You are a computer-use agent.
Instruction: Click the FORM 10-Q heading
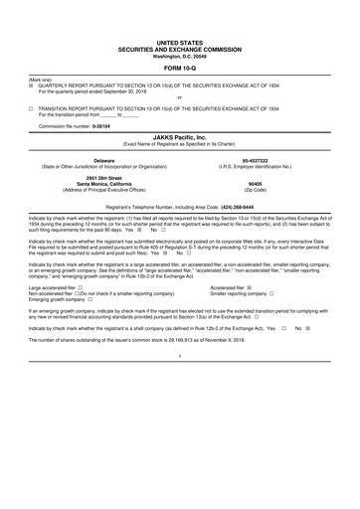click(179, 68)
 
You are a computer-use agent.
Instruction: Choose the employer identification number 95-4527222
click(267, 159)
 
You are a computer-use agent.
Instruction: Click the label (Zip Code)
click(267, 188)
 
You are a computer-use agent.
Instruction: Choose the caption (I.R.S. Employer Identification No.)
click(267, 165)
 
